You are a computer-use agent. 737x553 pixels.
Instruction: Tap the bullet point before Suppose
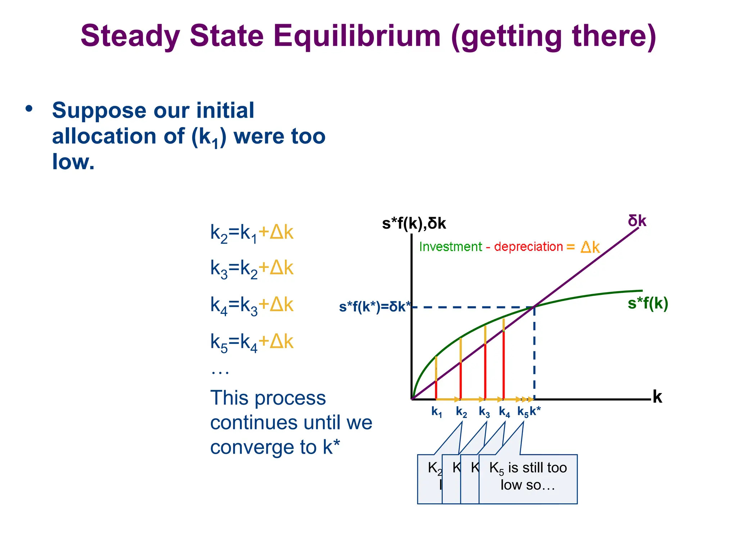(29, 108)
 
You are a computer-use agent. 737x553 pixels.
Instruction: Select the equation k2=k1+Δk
(252, 233)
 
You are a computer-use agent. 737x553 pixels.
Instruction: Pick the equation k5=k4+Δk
(252, 342)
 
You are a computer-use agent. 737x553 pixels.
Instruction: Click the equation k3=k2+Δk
(252, 269)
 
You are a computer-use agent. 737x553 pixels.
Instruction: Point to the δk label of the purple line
(637, 221)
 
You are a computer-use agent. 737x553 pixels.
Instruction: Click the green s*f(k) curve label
(648, 303)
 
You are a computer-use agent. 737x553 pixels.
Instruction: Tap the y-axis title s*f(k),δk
(414, 224)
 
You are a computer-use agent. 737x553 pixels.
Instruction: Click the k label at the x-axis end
(657, 397)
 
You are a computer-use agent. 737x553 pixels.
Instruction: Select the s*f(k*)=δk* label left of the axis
(375, 307)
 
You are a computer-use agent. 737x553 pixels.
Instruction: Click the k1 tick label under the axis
(437, 412)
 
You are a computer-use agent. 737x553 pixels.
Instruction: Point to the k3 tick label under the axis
(484, 412)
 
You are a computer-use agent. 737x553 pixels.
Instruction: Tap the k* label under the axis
(535, 411)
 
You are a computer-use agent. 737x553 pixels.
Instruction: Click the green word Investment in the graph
(450, 247)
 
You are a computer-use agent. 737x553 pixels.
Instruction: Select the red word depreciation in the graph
(528, 247)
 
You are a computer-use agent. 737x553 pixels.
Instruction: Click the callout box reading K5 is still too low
(528, 479)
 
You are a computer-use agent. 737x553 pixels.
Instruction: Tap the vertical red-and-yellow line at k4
(503, 360)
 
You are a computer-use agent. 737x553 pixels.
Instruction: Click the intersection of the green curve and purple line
(534, 307)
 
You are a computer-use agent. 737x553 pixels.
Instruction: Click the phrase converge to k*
(275, 447)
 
